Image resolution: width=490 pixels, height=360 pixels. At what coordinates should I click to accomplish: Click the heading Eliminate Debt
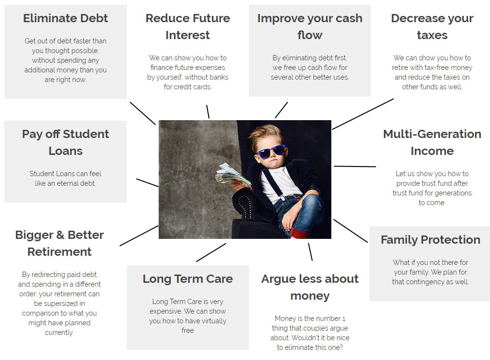(66, 18)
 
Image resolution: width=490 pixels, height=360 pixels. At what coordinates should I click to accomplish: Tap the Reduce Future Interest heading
(188, 27)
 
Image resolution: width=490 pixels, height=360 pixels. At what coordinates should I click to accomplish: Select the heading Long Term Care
(188, 279)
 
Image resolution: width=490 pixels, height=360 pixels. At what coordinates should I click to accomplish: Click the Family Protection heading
(430, 240)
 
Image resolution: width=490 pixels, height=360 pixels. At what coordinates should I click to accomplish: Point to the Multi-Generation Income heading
(432, 142)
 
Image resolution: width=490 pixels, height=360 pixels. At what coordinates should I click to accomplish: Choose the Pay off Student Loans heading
(66, 142)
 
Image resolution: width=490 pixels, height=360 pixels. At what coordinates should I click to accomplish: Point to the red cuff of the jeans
(299, 234)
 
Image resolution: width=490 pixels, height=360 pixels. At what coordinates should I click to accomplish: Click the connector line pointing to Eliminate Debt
(143, 113)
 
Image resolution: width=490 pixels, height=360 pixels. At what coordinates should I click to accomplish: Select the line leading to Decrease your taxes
(363, 114)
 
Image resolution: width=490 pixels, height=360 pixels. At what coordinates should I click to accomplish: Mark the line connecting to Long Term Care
(211, 252)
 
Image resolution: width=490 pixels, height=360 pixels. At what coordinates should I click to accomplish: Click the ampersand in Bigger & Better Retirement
(60, 235)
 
